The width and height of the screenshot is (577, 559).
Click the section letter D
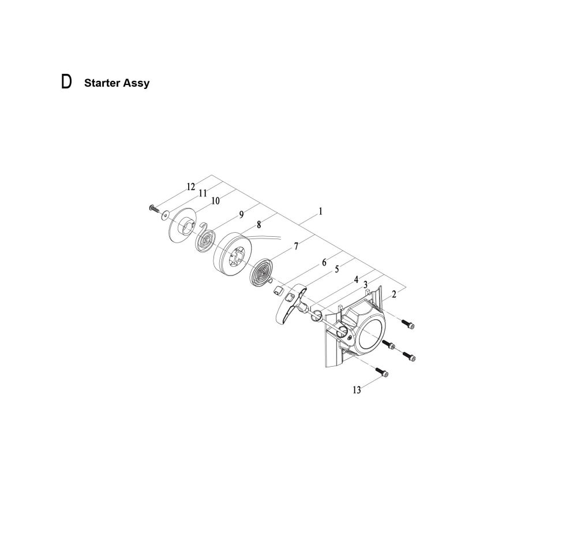pyautogui.click(x=66, y=82)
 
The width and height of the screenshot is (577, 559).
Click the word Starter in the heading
pyautogui.click(x=102, y=83)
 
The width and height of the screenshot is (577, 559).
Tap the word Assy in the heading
pyautogui.click(x=136, y=84)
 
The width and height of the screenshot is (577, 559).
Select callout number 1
pyautogui.click(x=320, y=211)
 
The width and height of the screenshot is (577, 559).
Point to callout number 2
pyautogui.click(x=394, y=295)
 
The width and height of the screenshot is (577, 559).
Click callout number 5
pyautogui.click(x=337, y=270)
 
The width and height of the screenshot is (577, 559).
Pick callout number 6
pyautogui.click(x=324, y=263)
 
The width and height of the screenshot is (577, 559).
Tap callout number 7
pyautogui.click(x=296, y=247)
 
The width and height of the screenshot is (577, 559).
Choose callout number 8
pyautogui.click(x=259, y=224)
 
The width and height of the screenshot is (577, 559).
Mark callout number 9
pyautogui.click(x=241, y=214)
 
